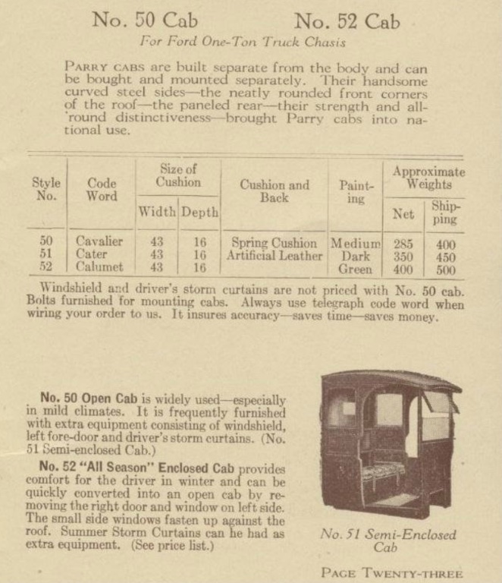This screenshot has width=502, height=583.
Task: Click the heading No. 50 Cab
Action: (x=146, y=20)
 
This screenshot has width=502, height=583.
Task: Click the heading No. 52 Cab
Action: (x=347, y=20)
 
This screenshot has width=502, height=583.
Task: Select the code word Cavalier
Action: (x=99, y=242)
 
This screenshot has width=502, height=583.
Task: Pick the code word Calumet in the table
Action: (x=99, y=268)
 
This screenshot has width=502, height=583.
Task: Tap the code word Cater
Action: (x=93, y=255)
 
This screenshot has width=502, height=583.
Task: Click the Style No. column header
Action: (x=46, y=190)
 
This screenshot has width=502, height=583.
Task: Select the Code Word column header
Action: (x=102, y=190)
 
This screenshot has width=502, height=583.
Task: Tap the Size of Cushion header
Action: (x=178, y=175)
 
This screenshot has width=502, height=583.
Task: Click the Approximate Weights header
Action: (x=428, y=178)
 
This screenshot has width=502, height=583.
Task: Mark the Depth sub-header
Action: (x=199, y=213)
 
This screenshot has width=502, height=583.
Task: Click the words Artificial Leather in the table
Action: (x=274, y=256)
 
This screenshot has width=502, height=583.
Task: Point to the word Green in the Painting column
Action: (x=356, y=269)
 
